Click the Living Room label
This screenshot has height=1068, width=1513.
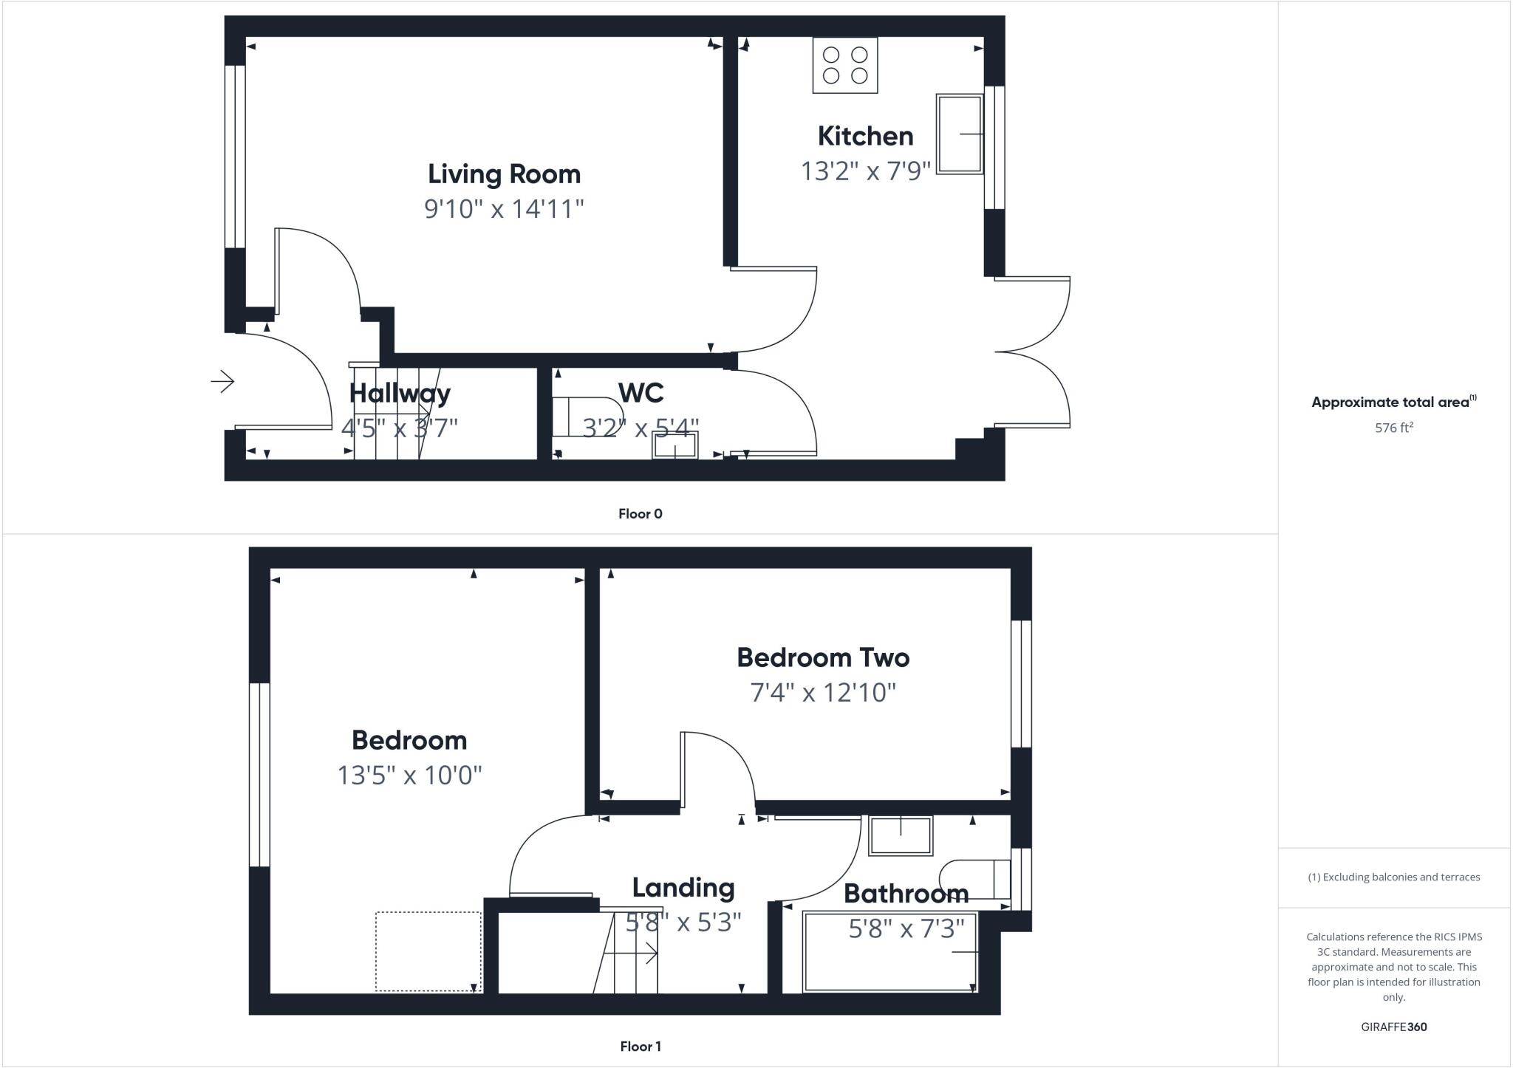(x=504, y=174)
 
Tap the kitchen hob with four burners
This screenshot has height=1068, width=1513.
(x=845, y=66)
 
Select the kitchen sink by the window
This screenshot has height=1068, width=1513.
(x=959, y=134)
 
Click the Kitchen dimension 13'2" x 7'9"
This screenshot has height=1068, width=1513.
(x=865, y=171)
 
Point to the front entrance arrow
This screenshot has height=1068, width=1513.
(x=222, y=381)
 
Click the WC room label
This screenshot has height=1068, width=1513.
(x=641, y=392)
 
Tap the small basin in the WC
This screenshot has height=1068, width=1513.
(x=674, y=445)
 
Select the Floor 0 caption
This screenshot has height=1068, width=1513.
(x=640, y=514)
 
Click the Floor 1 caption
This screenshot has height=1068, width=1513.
(x=640, y=1047)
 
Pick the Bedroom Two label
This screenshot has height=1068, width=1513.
(x=823, y=657)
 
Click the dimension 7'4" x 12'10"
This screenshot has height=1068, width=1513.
(x=823, y=693)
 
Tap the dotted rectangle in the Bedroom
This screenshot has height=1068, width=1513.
(x=428, y=951)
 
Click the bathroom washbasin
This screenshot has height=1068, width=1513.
(x=901, y=835)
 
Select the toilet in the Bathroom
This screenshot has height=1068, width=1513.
(x=975, y=879)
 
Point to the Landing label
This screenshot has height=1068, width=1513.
(x=683, y=888)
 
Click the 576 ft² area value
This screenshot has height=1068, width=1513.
(x=1393, y=428)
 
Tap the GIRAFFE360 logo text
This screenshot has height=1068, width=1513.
(x=1393, y=1027)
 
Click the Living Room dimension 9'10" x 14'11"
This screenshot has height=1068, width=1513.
(x=504, y=209)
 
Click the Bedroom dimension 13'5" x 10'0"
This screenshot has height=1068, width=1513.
(x=409, y=776)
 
